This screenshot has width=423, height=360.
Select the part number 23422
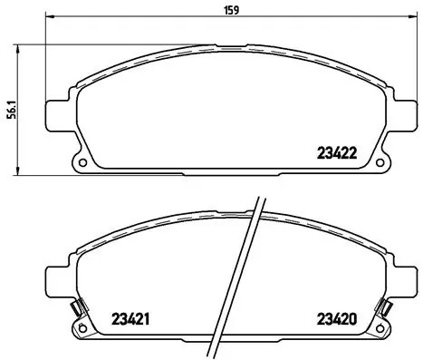tap(338, 153)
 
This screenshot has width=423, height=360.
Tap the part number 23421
tap(130, 318)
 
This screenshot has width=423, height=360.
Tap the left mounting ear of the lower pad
tap(59, 279)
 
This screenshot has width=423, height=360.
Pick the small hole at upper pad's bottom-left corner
tap(83, 164)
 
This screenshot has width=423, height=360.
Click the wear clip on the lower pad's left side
tap(79, 308)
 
